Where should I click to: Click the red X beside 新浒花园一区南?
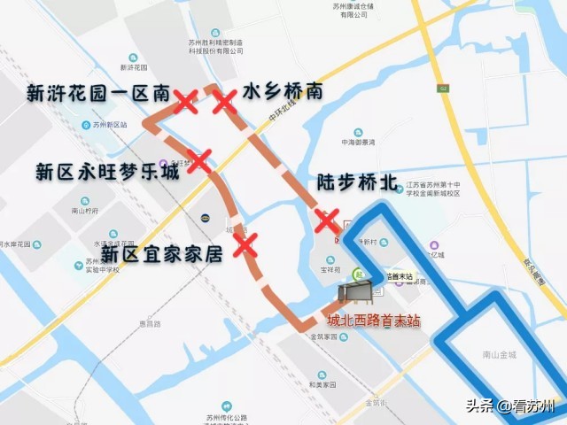(x=186, y=101)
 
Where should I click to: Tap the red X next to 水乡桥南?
(x=224, y=101)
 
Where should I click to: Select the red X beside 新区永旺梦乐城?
(x=200, y=160)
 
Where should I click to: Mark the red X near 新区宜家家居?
(x=245, y=243)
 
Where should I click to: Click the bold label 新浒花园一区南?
(x=98, y=93)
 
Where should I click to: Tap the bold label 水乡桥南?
(x=283, y=91)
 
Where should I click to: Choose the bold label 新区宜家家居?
(x=161, y=254)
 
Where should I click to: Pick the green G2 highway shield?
(x=443, y=88)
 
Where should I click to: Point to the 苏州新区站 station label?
(x=110, y=125)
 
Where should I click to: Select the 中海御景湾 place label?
(x=358, y=142)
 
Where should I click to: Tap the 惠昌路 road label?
(x=150, y=324)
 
